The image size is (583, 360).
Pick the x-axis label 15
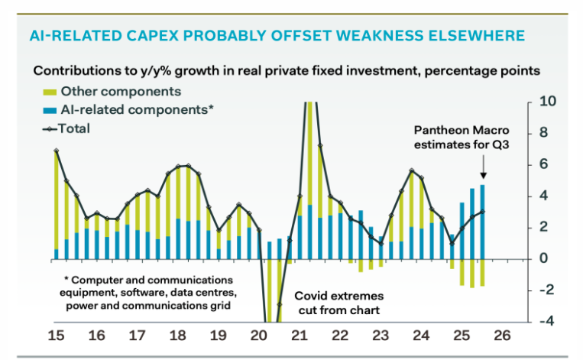click(57, 336)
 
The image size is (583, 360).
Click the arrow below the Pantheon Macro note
click(483, 164)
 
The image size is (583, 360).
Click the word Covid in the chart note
click(311, 294)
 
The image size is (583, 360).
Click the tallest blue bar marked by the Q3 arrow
click(482, 222)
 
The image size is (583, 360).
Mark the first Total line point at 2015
click(57, 151)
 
